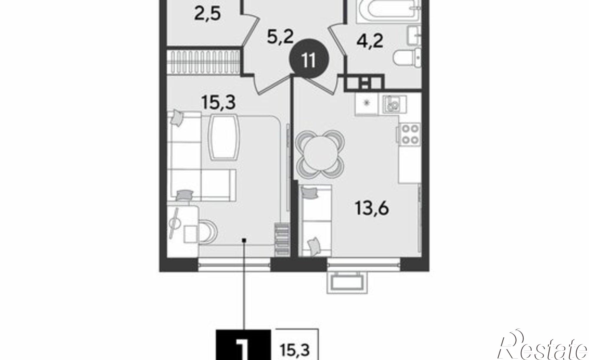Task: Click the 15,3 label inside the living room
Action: [x=219, y=103]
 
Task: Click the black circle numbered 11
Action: [x=309, y=61]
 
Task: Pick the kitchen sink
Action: [x=394, y=104]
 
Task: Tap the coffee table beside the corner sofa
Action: [x=224, y=137]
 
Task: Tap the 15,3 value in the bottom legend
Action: [x=295, y=351]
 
